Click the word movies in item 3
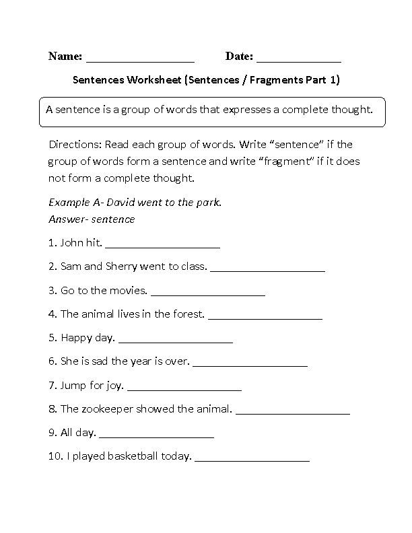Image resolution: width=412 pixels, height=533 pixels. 129,291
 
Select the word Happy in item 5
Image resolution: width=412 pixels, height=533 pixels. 74,338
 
